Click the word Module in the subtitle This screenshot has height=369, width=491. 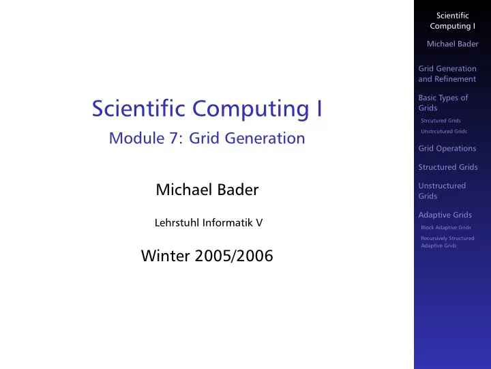coord(136,138)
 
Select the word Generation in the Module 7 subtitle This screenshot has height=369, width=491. coord(265,138)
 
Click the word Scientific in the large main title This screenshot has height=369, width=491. coord(138,108)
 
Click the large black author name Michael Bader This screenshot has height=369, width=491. coord(207,190)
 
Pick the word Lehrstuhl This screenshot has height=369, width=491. coord(177,223)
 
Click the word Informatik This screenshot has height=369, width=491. coord(227,223)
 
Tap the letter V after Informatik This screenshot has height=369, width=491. coord(259,223)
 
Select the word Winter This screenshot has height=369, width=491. coord(165,256)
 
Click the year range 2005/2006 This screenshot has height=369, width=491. coord(234,256)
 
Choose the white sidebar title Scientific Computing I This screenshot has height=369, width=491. coord(453,20)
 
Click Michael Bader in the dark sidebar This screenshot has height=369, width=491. coord(453,44)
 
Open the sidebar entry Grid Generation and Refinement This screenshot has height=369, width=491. coord(447,74)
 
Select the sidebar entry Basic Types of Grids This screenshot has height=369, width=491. coord(443,103)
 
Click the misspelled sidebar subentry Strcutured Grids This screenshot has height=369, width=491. coord(441,121)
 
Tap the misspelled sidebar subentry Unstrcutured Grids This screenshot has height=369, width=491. coord(444,131)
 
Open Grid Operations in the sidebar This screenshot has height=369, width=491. coord(447,149)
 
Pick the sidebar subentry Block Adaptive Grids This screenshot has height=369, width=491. coord(446,227)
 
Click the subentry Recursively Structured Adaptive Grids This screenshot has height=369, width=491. coord(447,242)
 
